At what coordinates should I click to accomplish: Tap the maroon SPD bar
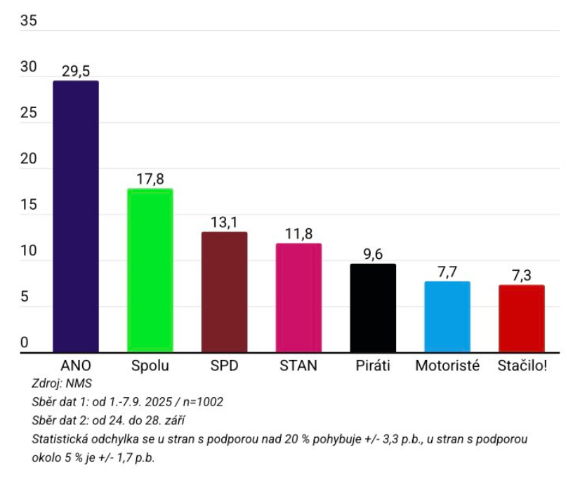click(x=224, y=292)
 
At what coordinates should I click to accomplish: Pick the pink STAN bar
click(x=298, y=297)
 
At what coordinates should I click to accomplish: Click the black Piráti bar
click(x=373, y=308)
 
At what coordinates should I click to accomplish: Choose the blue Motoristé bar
click(x=447, y=316)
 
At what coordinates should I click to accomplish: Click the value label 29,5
click(x=76, y=71)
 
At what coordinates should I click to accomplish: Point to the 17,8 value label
click(x=150, y=178)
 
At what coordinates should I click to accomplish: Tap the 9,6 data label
click(x=373, y=254)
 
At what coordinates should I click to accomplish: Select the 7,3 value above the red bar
click(x=522, y=275)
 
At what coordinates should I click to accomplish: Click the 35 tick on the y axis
click(x=28, y=21)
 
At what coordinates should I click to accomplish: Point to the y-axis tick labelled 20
click(x=28, y=159)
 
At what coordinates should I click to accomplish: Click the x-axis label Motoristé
click(x=447, y=366)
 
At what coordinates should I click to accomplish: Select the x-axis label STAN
click(x=298, y=366)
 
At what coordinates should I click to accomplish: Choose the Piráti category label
click(x=373, y=366)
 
